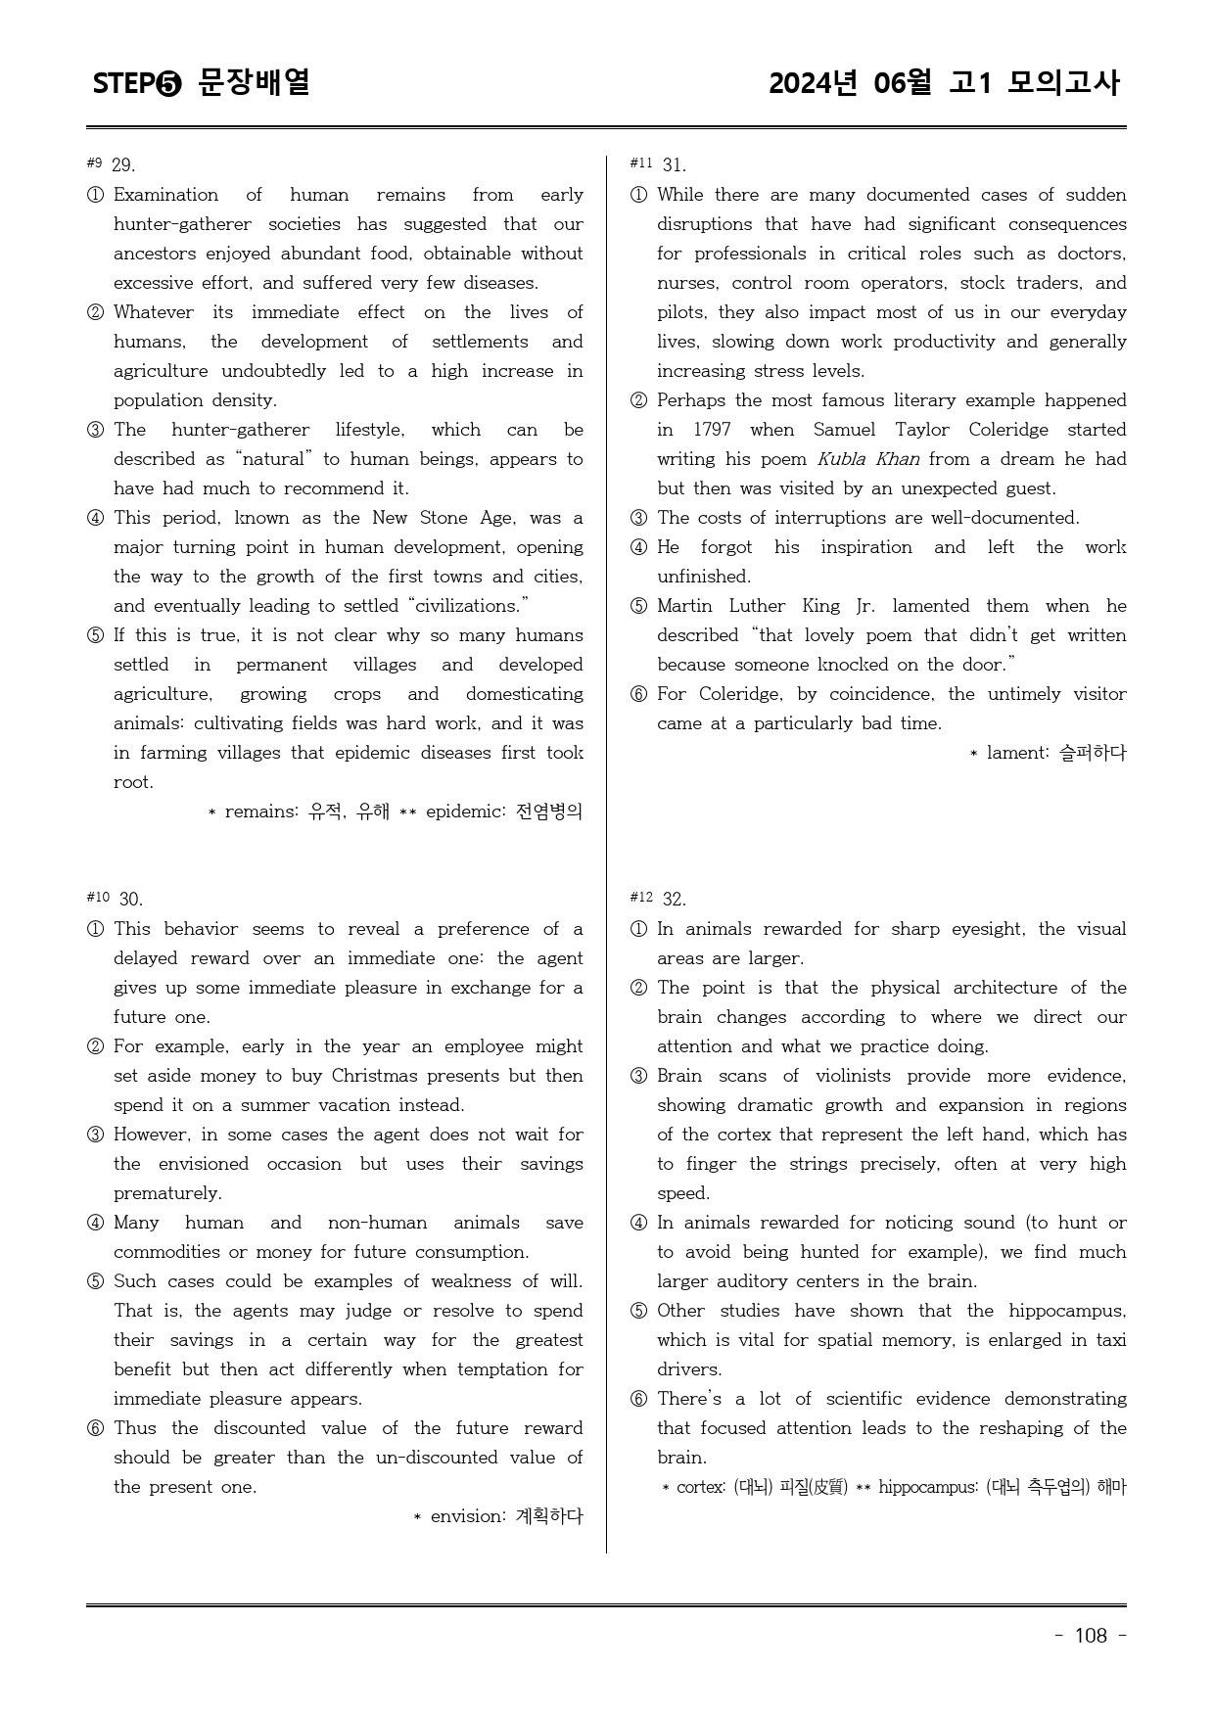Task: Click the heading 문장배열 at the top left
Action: [x=254, y=83]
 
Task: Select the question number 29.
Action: [x=123, y=165]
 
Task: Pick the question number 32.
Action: [x=674, y=900]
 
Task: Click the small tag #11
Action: [x=641, y=163]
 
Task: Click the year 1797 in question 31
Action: [x=712, y=430]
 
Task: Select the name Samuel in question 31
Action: [x=845, y=430]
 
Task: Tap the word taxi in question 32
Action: [x=1110, y=1340]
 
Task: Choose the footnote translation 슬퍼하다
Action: [x=1093, y=753]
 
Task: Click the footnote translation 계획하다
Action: [x=548, y=1516]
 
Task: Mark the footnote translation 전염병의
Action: [x=548, y=811]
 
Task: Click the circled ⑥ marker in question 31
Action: [x=638, y=695]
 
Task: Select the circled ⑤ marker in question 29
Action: [x=95, y=636]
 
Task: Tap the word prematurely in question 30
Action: [x=167, y=1193]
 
